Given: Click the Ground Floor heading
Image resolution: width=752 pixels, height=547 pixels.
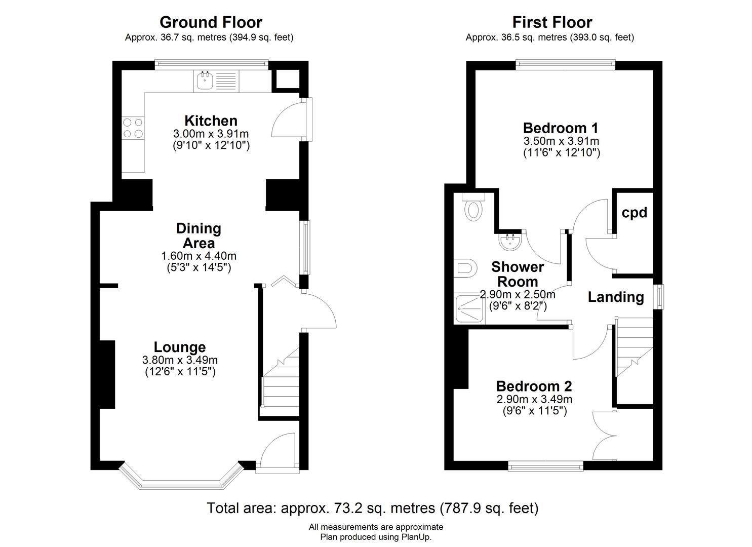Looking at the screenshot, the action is (x=211, y=22).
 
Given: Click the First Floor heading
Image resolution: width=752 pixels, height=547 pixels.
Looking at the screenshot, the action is (x=552, y=22).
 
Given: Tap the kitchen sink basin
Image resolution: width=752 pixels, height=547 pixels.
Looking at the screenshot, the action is (x=205, y=81).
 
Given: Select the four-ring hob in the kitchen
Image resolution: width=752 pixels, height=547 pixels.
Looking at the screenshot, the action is (x=133, y=128).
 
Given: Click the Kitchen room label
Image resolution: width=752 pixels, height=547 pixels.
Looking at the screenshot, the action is (x=211, y=121).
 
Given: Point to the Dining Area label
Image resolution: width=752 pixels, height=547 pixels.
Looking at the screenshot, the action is (x=199, y=236).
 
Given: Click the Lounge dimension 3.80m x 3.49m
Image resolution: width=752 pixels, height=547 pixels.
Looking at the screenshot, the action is (x=180, y=360).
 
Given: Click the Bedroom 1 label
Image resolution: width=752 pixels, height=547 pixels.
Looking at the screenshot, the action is (x=561, y=128).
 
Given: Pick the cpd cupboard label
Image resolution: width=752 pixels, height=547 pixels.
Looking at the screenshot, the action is (x=634, y=213).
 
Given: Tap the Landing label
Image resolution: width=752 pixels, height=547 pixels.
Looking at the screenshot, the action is (x=616, y=297).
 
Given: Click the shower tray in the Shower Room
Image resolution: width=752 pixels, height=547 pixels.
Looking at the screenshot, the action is (x=469, y=308).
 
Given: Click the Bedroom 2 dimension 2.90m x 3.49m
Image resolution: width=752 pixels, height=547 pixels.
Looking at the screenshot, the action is (x=534, y=399).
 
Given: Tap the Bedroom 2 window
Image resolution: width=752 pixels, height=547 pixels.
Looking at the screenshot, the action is (x=546, y=466).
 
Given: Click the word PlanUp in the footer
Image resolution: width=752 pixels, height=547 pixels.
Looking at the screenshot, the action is (x=416, y=537).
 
